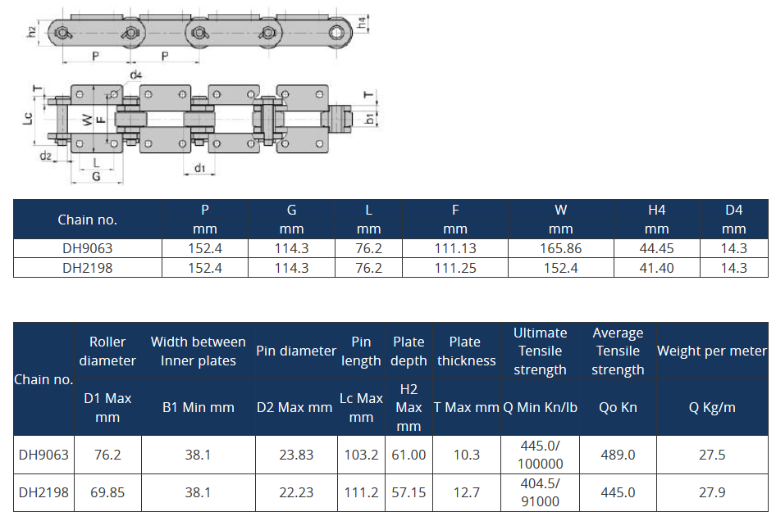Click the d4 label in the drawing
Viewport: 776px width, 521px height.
[135, 75]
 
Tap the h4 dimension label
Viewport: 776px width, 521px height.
[363, 22]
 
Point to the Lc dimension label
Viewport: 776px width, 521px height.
[28, 118]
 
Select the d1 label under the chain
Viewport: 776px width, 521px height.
[199, 168]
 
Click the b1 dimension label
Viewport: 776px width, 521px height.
[370, 118]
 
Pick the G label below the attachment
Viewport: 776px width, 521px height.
[96, 176]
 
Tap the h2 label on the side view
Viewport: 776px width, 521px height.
[31, 32]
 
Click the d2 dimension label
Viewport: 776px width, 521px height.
[46, 156]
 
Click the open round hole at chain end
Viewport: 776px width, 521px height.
[336, 33]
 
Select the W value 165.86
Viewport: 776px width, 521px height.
[560, 248]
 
